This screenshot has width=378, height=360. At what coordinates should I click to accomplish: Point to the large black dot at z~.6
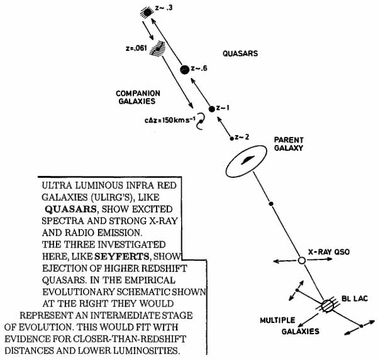(185, 69)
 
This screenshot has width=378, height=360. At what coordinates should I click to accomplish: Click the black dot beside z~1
(212, 109)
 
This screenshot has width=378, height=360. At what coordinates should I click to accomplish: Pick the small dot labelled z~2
(233, 138)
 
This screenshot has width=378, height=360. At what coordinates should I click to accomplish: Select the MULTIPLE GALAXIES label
(280, 325)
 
